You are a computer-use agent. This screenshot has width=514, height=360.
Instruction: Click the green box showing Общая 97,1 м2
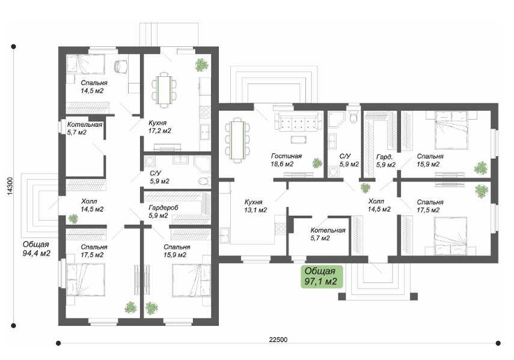(x=322, y=276)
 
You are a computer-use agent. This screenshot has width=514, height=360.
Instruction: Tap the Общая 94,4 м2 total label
(x=37, y=249)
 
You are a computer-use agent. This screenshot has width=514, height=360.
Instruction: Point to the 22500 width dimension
(x=278, y=340)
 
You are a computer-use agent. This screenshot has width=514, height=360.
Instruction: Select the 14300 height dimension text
(x=10, y=186)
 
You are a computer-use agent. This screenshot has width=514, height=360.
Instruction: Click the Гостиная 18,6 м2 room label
(x=286, y=160)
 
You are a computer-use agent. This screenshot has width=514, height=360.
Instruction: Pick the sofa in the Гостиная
(x=298, y=122)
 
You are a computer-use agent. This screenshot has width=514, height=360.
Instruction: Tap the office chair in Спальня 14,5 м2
(x=121, y=67)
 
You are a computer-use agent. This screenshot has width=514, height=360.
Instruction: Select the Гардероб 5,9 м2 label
(x=164, y=212)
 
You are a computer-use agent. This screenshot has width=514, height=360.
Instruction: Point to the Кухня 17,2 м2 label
(x=160, y=127)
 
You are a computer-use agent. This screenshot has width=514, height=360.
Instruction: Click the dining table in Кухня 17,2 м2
(x=164, y=90)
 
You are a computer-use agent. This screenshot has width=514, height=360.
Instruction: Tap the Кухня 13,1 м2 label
(x=255, y=206)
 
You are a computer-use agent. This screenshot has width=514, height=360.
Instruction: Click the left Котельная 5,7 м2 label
(x=85, y=129)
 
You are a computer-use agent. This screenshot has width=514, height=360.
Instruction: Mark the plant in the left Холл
(x=73, y=219)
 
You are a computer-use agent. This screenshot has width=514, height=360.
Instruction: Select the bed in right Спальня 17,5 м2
(x=450, y=235)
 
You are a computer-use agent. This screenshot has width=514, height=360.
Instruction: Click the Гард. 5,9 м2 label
(x=386, y=160)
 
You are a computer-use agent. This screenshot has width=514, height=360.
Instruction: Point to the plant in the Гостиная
(x=317, y=163)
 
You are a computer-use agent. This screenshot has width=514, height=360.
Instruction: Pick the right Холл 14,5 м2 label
(x=379, y=205)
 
